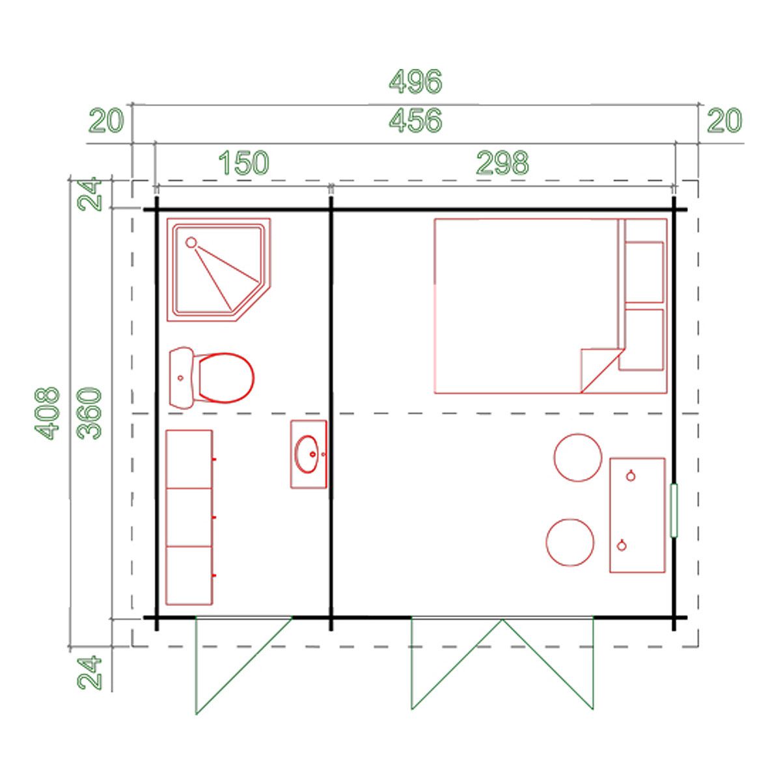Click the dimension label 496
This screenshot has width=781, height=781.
(415, 82)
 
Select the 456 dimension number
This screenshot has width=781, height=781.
(415, 120)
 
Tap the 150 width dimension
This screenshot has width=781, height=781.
(243, 163)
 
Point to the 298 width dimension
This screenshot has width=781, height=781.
(502, 163)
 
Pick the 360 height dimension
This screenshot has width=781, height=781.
(89, 413)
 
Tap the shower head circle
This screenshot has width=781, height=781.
(191, 242)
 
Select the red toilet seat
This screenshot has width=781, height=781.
(225, 377)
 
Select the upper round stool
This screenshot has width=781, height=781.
(577, 457)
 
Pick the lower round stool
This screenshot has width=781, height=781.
(570, 543)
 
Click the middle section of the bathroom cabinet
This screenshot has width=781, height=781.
(189, 517)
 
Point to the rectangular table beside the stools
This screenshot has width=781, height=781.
(637, 515)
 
